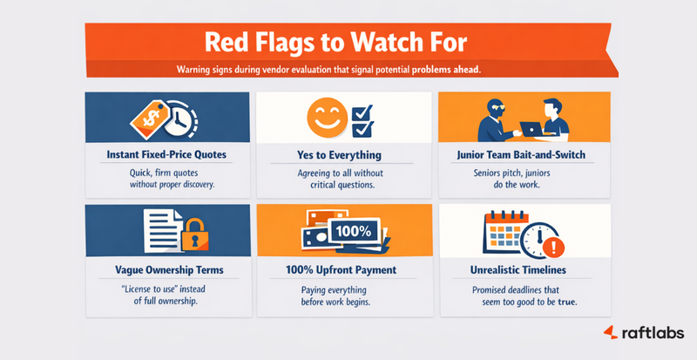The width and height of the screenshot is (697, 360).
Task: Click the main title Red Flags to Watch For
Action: [348, 42]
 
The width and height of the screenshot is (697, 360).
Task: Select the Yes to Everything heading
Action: [346, 154]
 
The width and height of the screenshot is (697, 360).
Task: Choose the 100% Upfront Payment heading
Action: [346, 268]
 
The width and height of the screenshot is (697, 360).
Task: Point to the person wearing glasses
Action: [489, 113]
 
